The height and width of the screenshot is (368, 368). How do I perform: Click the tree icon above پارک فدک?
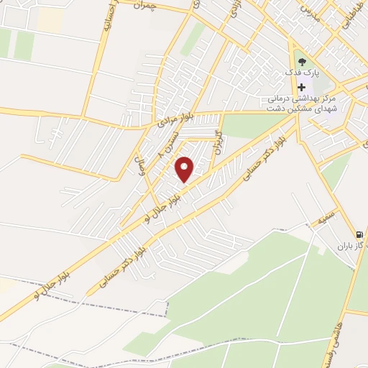301,62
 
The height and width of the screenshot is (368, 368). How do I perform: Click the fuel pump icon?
359,234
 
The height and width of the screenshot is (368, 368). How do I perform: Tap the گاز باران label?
352,246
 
